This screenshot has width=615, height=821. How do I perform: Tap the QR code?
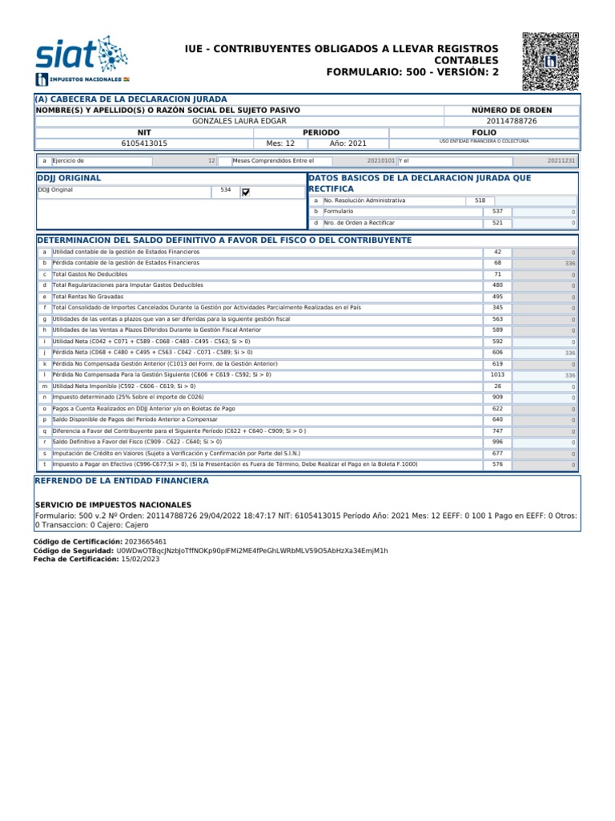coord(550,61)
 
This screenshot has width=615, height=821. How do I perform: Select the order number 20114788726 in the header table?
coord(524,120)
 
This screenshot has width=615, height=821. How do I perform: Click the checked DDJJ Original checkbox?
coord(246,192)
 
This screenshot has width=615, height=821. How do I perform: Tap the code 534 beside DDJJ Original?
coord(225,191)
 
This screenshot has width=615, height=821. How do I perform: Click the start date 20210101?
coord(380,160)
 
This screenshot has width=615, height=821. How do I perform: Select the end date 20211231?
coord(561,160)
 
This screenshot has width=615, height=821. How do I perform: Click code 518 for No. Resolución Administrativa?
coord(480,200)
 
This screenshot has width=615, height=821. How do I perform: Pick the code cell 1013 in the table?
coord(497,374)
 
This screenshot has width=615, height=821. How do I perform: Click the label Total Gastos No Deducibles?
coord(90,274)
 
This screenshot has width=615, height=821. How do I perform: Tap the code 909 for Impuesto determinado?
coord(497,397)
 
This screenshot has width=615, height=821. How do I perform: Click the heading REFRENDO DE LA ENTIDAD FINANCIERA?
coord(122,480)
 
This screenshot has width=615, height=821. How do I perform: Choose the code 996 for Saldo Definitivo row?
coord(497,442)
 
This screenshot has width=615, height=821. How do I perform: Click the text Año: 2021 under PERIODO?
coord(348,143)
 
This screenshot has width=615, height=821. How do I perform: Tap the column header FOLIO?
coord(484,131)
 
